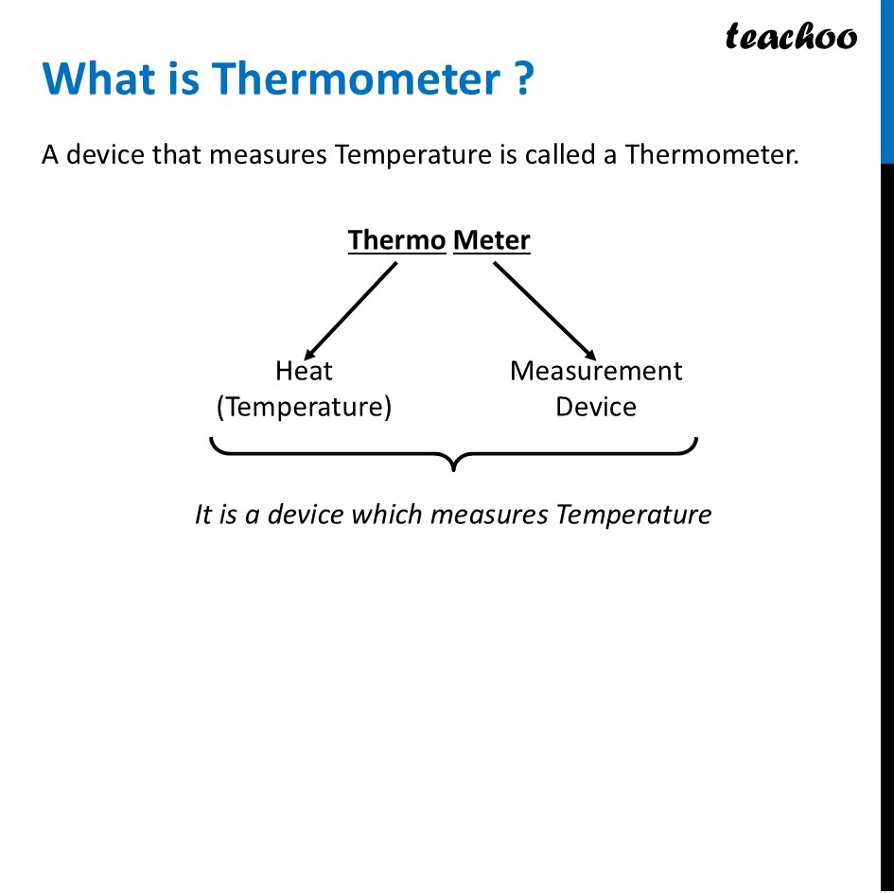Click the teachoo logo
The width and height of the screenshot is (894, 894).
click(791, 37)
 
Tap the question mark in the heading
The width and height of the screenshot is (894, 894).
click(525, 79)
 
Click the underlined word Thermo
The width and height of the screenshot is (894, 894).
click(396, 240)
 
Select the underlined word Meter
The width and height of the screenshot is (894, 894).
click(492, 240)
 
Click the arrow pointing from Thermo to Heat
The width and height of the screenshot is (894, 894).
click(350, 308)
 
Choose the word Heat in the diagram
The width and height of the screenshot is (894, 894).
click(304, 371)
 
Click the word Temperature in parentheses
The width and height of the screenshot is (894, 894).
click(304, 407)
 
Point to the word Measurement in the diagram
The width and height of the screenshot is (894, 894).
click(596, 371)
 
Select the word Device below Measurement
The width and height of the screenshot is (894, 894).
click(596, 407)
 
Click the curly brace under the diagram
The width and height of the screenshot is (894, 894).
click(454, 454)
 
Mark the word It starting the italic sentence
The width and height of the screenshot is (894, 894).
click(203, 515)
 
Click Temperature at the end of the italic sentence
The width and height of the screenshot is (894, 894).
click(633, 515)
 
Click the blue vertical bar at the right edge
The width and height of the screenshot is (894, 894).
click(887, 80)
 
